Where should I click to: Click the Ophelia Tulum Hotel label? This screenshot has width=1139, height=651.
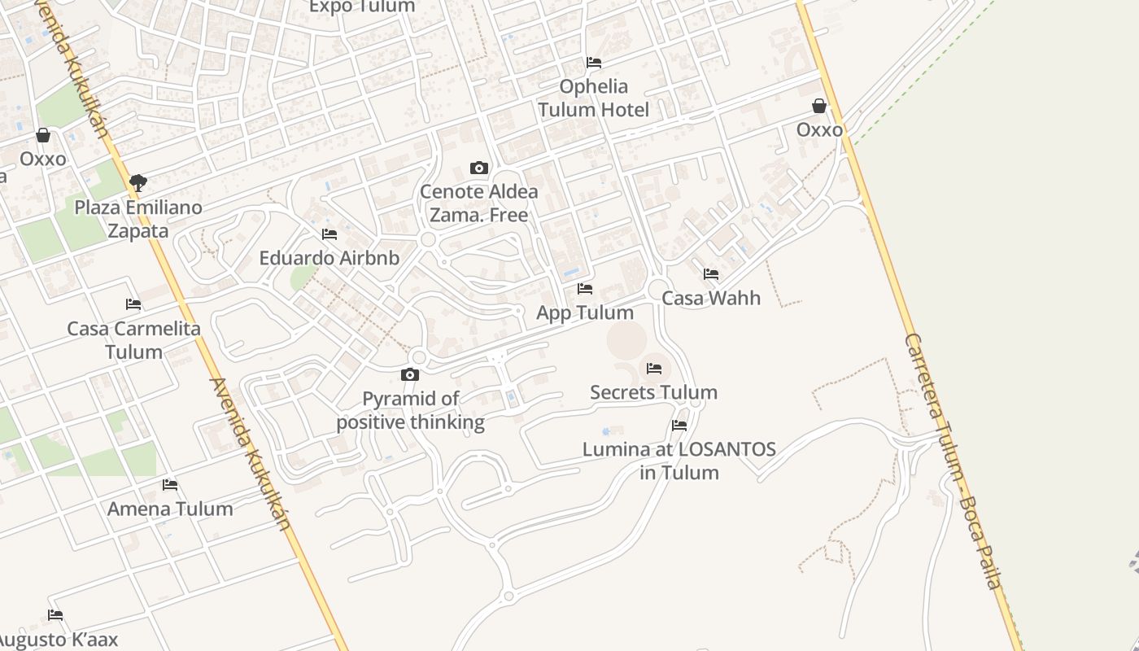coord(593,98)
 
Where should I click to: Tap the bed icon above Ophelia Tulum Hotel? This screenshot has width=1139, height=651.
coord(594,63)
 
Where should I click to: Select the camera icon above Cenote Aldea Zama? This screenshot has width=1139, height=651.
coord(479,168)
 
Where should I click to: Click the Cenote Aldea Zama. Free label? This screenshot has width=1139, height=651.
coord(479,203)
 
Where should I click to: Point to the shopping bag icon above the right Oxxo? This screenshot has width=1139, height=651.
coord(819,107)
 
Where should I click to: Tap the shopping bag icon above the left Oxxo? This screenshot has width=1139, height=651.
coord(43,135)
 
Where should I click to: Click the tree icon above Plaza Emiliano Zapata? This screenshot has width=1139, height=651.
coord(138,182)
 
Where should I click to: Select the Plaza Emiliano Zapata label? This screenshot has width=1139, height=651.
coord(138,219)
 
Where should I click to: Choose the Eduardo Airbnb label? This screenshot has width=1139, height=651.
coord(329,258)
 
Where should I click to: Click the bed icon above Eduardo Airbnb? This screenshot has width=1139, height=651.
coord(329,234)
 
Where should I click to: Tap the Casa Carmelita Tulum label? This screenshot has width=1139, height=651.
coord(133,340)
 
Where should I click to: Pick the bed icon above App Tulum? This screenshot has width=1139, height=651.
coord(585,289)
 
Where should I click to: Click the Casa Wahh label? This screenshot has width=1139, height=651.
coord(711,298)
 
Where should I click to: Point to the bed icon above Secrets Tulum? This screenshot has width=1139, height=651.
coord(654,369)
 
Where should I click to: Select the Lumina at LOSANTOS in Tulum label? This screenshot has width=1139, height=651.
coord(679,461)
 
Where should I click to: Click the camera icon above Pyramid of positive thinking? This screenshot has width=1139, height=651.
coord(410,375)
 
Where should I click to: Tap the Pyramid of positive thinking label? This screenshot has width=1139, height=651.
coord(411,410)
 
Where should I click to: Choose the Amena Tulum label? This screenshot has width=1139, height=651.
coord(170,509)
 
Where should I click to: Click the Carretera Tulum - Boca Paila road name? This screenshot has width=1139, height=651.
coord(953,461)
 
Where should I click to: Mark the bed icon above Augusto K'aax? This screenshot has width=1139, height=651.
coord(55,615)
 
